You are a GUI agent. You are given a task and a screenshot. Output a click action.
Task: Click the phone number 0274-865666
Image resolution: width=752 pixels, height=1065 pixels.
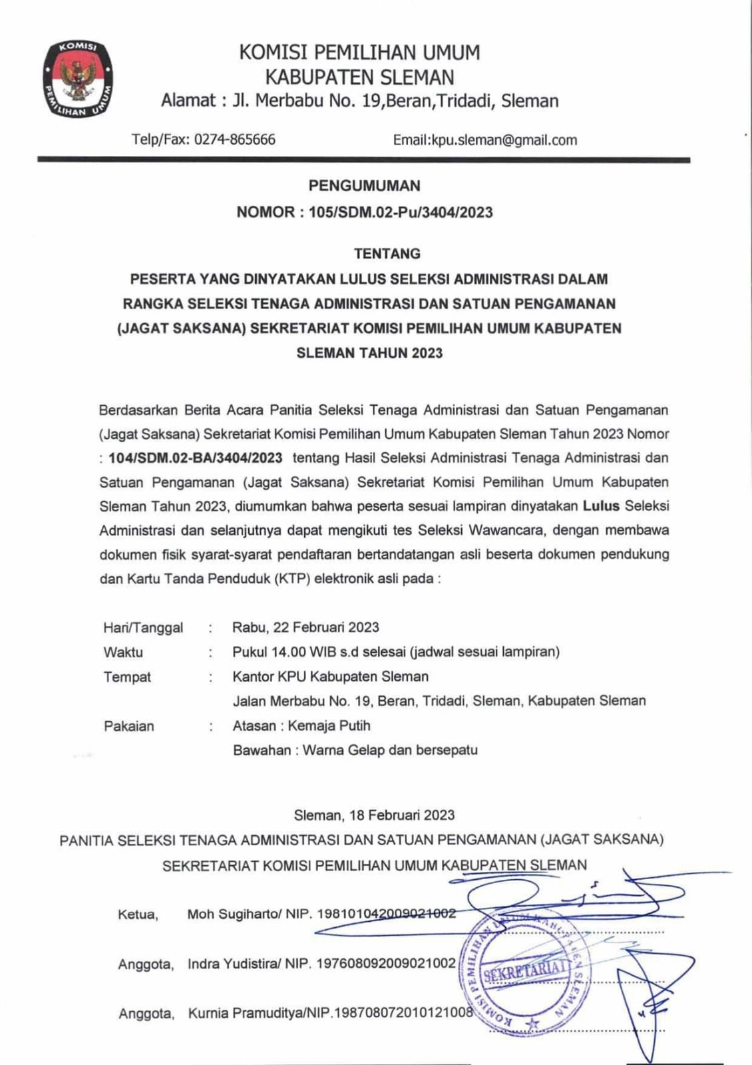click(234, 140)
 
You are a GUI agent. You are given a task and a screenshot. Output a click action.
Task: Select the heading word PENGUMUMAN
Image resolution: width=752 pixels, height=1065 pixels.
click(364, 186)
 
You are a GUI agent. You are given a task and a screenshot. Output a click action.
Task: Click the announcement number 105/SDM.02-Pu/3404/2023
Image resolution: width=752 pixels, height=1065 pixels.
click(401, 212)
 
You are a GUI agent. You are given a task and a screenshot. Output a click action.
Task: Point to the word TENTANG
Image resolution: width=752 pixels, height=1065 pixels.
click(387, 254)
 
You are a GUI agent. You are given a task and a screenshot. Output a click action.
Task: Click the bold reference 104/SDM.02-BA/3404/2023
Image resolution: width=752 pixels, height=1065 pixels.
click(195, 458)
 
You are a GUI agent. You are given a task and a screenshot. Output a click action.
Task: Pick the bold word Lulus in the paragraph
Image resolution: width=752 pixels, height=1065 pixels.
click(601, 506)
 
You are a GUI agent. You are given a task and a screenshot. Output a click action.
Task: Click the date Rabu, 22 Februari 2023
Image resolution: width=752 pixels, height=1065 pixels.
click(305, 627)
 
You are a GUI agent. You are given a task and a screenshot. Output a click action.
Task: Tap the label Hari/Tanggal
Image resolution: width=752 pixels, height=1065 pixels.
click(143, 628)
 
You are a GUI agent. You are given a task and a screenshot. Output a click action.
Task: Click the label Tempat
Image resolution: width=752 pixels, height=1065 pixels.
click(127, 677)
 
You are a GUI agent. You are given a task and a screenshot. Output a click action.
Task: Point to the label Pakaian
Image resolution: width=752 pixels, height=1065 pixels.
click(128, 726)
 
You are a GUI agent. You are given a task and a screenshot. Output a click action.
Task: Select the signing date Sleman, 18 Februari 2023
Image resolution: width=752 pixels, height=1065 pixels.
click(374, 815)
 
